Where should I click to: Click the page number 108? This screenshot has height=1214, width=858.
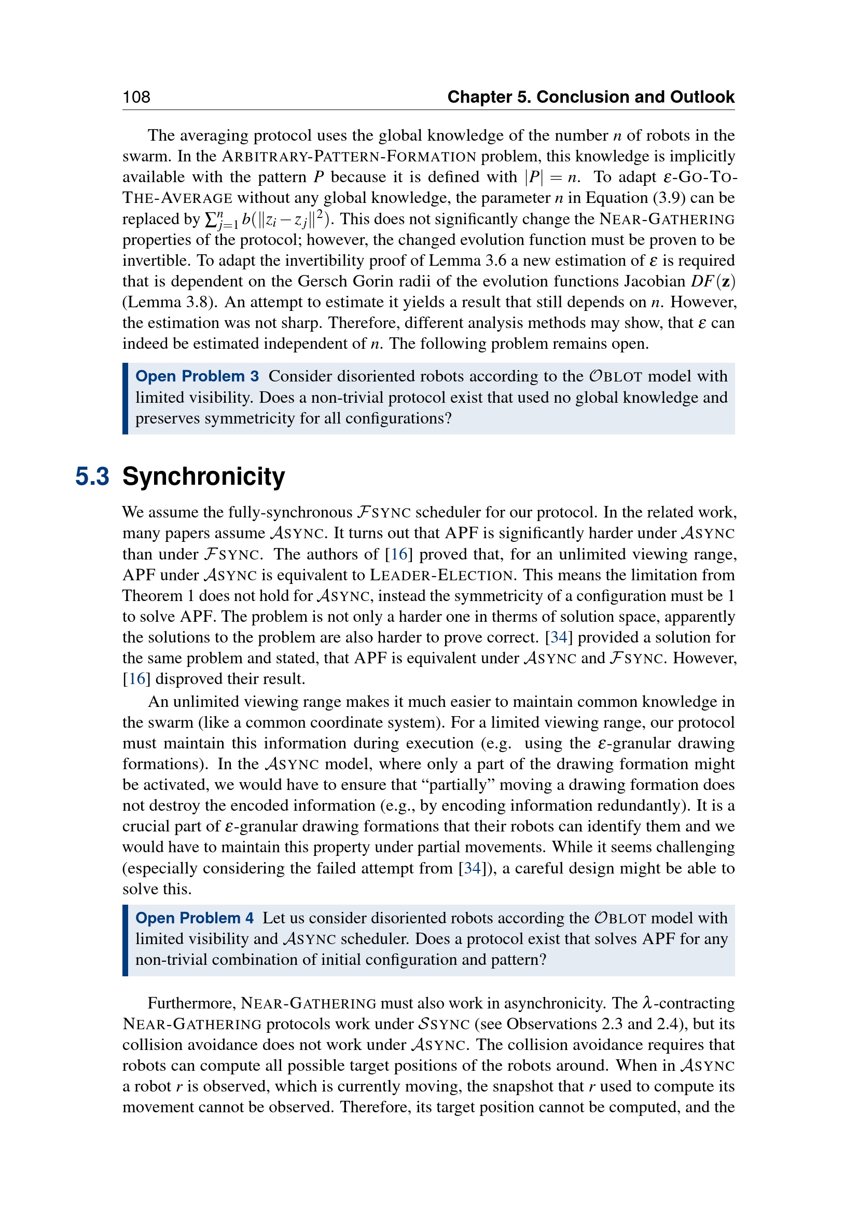pyautogui.click(x=136, y=97)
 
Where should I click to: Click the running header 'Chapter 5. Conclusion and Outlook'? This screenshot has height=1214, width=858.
pyautogui.click(x=590, y=97)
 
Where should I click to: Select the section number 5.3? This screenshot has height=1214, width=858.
pyautogui.click(x=92, y=476)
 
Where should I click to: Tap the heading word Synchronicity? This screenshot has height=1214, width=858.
pyautogui.click(x=203, y=476)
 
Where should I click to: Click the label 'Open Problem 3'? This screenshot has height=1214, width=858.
pyautogui.click(x=197, y=376)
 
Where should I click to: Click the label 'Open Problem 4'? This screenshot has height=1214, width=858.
pyautogui.click(x=195, y=918)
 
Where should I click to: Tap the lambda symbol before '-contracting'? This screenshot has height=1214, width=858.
pyautogui.click(x=648, y=1003)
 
